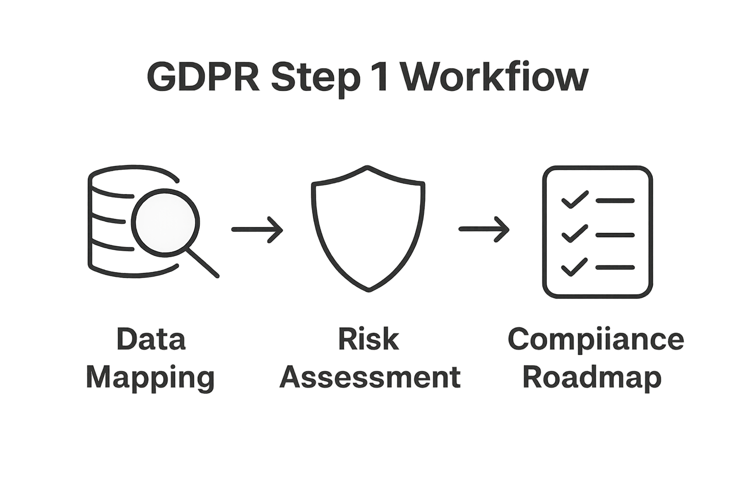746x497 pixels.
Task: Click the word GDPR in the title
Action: (x=203, y=77)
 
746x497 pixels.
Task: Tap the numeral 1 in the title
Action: (x=381, y=77)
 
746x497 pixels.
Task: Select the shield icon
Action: (x=368, y=228)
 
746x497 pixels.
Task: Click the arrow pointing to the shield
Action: (x=257, y=229)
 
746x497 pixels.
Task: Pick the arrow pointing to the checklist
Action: (x=484, y=229)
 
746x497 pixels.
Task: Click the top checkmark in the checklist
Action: (x=575, y=199)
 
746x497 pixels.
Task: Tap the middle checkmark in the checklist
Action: (x=575, y=233)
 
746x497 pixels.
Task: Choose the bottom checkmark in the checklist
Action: (x=575, y=266)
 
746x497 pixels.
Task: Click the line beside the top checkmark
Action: (x=615, y=200)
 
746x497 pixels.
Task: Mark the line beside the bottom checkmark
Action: (x=615, y=267)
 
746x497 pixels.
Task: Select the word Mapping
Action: (x=150, y=378)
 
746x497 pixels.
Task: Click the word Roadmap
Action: (x=592, y=378)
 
